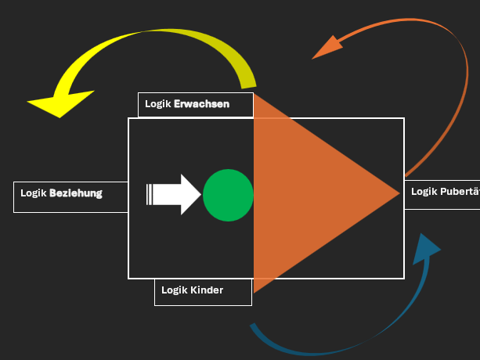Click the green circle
(228, 195)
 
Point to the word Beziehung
(76, 193)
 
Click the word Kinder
(207, 290)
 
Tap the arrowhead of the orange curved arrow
(327, 49)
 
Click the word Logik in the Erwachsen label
(157, 104)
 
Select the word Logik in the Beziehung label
(34, 193)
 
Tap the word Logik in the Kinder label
(174, 290)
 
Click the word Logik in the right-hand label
(424, 192)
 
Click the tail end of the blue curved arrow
(253, 327)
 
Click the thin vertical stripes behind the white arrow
(149, 194)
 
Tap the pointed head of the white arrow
(192, 194)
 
